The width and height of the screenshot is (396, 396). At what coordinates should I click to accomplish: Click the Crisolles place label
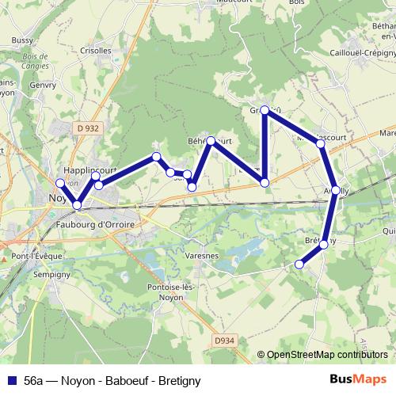coord(95,49)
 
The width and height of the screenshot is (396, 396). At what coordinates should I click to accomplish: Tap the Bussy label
coord(23,40)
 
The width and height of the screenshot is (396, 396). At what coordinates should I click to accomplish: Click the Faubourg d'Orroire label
coord(96,225)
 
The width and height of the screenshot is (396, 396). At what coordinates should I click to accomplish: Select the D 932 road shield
coord(89,128)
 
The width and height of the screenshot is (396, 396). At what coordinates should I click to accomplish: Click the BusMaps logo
coord(364,379)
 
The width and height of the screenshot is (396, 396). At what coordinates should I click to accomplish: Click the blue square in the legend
coord(12,380)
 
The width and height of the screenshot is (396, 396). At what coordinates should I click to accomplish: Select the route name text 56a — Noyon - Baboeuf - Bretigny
coord(112,380)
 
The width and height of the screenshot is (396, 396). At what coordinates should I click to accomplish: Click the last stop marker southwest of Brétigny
coord(299,264)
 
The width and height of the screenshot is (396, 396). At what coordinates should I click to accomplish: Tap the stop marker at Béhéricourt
coord(211,141)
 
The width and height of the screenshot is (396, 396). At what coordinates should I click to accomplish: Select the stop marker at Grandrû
coord(265,112)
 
